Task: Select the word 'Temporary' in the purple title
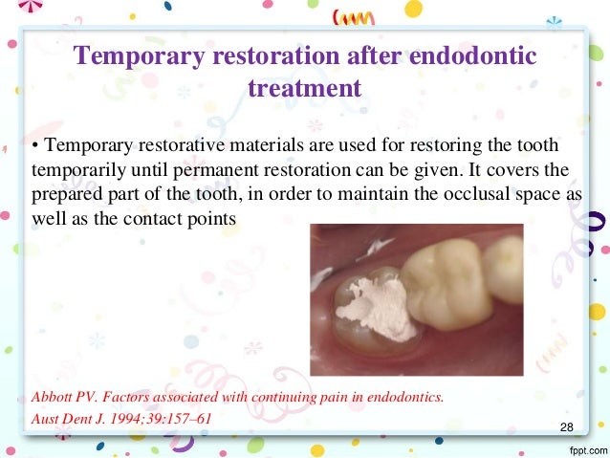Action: click(141, 56)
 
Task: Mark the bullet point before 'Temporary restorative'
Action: click(35, 147)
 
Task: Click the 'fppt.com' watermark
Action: click(582, 448)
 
